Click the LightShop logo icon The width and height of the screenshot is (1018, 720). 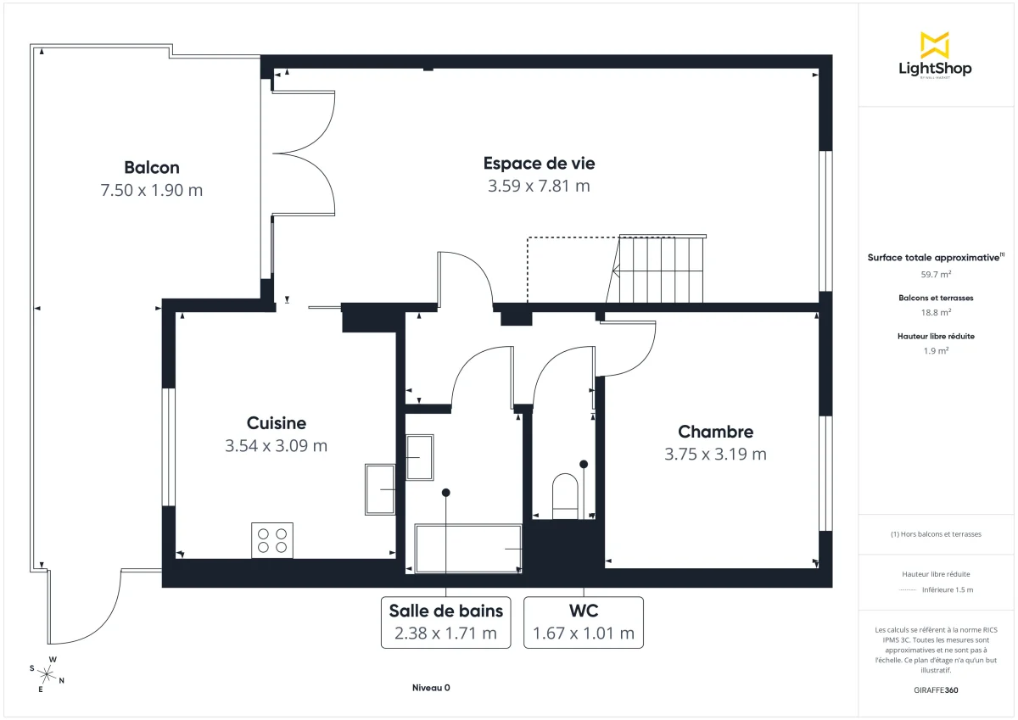click(x=935, y=45)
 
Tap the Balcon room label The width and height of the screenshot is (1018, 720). click(x=152, y=168)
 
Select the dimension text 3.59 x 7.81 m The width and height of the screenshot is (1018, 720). click(x=539, y=186)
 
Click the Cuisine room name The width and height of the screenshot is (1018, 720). click(x=277, y=423)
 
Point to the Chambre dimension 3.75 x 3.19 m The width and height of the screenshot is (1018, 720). click(x=715, y=455)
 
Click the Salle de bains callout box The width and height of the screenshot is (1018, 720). click(x=446, y=622)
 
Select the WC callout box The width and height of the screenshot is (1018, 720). click(x=584, y=622)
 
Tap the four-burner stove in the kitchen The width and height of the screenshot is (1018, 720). click(x=272, y=540)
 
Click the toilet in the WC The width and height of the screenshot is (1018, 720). click(x=565, y=495)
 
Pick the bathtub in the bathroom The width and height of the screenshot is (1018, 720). click(x=468, y=549)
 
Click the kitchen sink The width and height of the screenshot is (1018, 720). click(x=380, y=489)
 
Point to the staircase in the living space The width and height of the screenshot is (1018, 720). click(x=662, y=270)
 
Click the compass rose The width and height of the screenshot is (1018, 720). click(x=48, y=674)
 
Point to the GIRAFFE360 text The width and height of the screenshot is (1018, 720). click(x=936, y=690)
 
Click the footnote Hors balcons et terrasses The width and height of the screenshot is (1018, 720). click(x=936, y=534)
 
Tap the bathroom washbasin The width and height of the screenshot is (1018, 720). click(x=419, y=458)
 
